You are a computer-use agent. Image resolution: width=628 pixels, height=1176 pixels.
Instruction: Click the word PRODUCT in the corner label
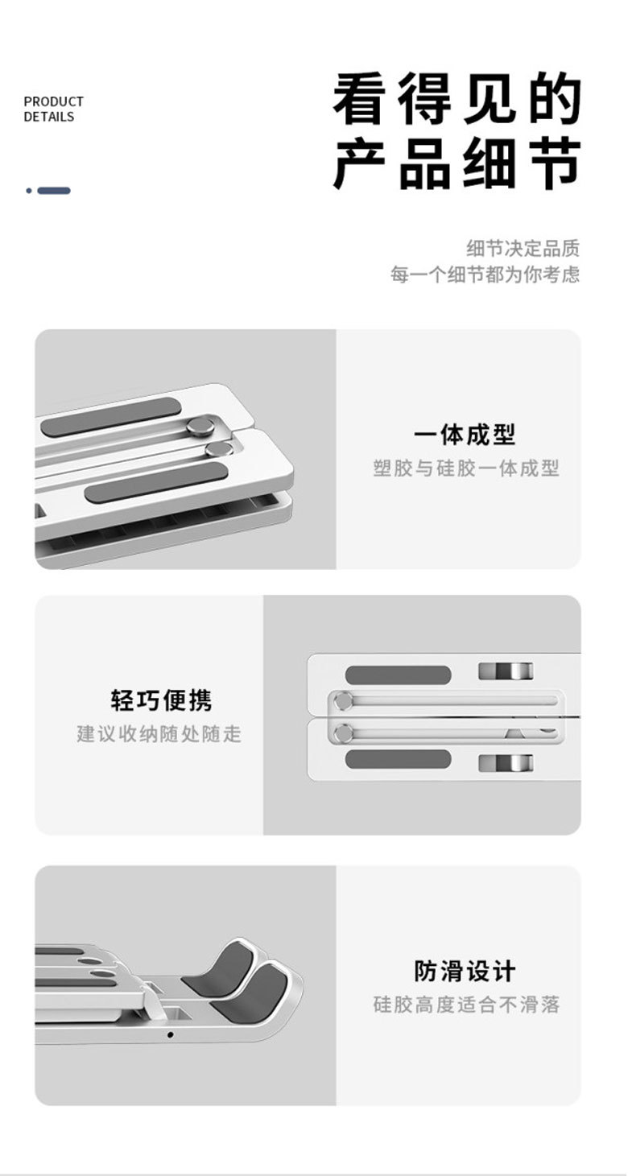tap(54, 101)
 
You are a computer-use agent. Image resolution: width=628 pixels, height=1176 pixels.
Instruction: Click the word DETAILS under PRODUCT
tap(49, 117)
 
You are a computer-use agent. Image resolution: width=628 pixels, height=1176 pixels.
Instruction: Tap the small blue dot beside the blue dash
tap(29, 191)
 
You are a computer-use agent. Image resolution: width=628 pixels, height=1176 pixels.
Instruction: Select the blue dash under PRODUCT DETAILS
tap(54, 191)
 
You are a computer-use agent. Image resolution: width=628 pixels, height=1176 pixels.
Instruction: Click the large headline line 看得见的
tap(457, 100)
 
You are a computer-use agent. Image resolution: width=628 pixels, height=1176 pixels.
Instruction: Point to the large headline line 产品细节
tap(457, 163)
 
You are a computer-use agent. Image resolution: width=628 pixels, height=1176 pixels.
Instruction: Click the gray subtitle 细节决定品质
tap(523, 249)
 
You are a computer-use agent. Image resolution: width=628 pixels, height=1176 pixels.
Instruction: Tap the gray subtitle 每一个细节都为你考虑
tap(485, 274)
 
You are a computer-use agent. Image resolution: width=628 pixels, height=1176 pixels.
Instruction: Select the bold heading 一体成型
tap(465, 435)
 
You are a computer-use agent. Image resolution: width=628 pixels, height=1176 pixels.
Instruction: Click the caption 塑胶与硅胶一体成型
tap(466, 468)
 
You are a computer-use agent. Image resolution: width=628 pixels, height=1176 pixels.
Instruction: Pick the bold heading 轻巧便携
tap(161, 700)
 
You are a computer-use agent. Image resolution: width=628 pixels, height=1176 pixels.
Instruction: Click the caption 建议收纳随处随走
tap(159, 733)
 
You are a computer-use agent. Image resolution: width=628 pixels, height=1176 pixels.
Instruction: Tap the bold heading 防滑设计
tap(465, 972)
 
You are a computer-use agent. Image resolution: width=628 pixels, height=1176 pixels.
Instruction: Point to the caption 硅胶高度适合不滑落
tap(466, 1005)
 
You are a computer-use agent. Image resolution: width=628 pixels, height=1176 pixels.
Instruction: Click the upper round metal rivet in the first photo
tap(200, 427)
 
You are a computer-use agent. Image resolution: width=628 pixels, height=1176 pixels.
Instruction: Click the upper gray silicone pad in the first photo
tap(111, 416)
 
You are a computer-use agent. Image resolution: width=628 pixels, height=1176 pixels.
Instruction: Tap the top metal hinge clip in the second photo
tap(506, 671)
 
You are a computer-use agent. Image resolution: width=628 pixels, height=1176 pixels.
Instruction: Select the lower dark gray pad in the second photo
tap(398, 759)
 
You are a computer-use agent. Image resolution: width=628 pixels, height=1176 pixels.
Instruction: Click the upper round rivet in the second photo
tap(344, 700)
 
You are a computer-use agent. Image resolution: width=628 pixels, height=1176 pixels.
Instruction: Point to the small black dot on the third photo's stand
tap(170, 1035)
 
